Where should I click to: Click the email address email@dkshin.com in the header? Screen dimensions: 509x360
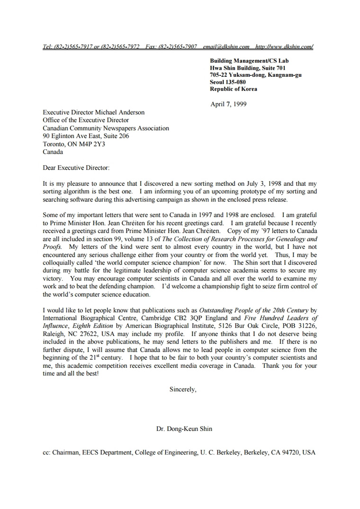coord(226,46)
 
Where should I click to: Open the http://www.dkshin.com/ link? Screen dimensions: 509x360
coord(284,46)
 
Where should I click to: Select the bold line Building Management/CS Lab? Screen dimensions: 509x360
coord(249,61)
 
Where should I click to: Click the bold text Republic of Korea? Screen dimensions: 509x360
coord(234,89)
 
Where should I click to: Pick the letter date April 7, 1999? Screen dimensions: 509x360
coord(228,104)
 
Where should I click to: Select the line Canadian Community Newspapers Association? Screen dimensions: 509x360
coord(106,128)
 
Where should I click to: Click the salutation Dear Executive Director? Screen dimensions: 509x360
coord(76,167)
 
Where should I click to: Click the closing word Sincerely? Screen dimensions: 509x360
coord(182,389)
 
